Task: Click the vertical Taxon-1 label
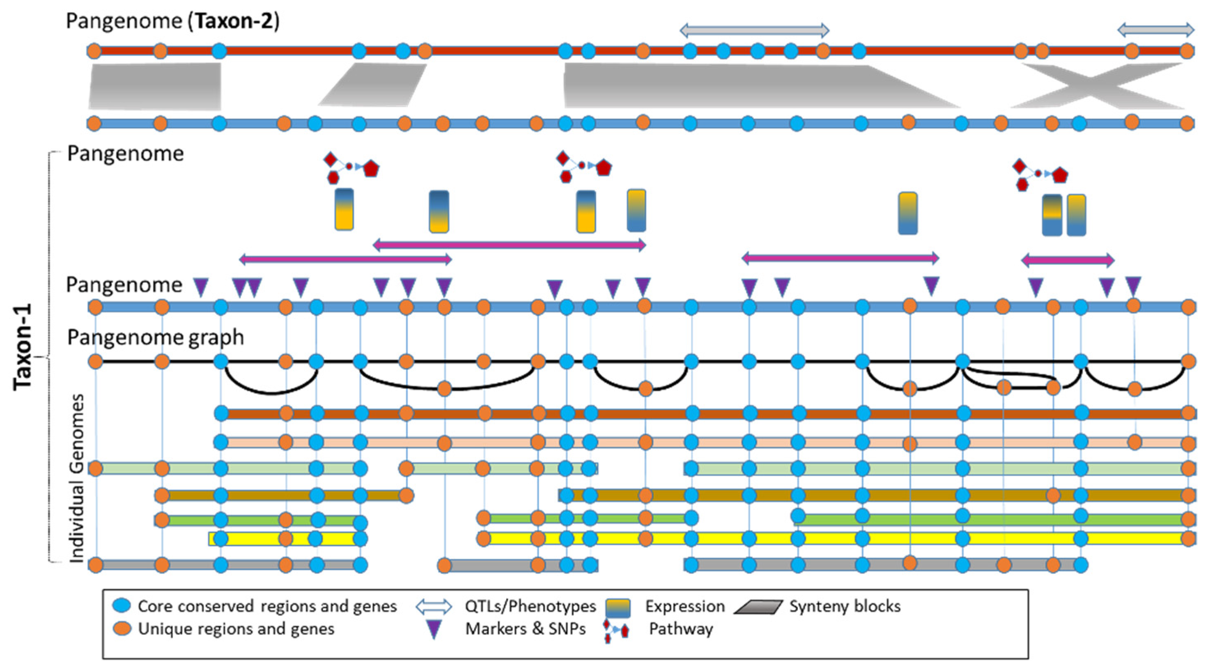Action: tap(23, 346)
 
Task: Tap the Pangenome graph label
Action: tap(155, 337)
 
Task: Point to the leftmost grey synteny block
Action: tap(155, 86)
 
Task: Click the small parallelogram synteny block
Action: tap(372, 85)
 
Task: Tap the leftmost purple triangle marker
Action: tap(201, 287)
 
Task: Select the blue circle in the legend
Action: tap(122, 605)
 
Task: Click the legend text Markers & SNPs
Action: tap(525, 629)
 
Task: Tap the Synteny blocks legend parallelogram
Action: tap(758, 607)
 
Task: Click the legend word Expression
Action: tap(684, 606)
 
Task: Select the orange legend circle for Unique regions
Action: tap(122, 628)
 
